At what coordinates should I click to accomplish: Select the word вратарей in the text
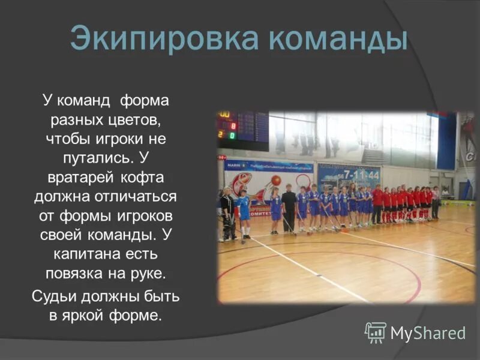78,178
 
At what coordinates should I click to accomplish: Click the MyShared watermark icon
376,332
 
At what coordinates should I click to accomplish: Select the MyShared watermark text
428,334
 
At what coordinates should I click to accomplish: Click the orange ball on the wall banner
276,179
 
